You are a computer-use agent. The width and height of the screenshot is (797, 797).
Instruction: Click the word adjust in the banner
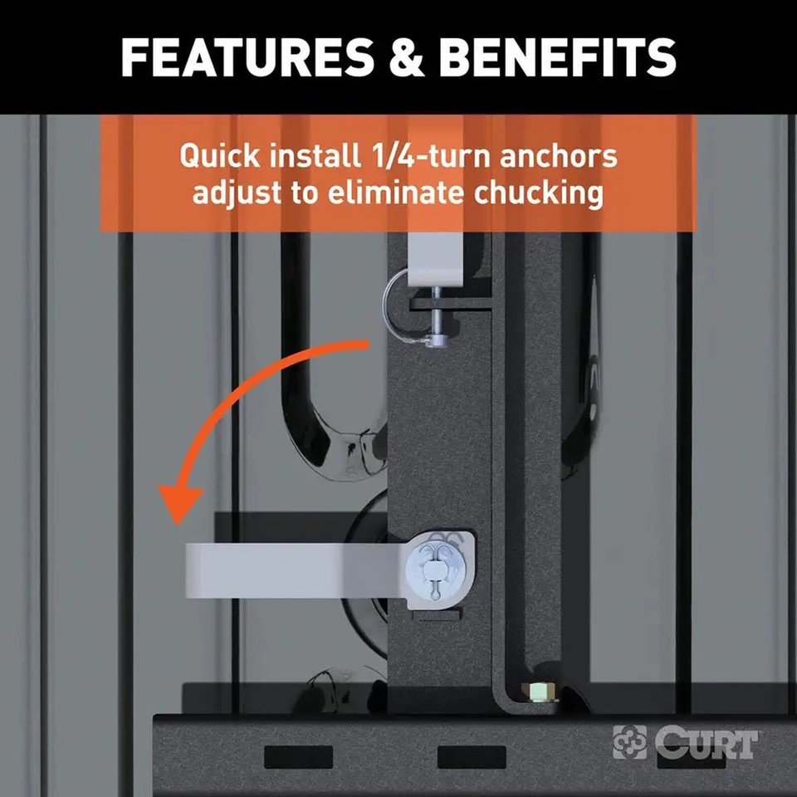235,193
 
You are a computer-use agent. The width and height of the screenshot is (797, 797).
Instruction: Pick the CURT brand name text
705,741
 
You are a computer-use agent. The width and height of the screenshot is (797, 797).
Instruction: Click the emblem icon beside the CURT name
629,741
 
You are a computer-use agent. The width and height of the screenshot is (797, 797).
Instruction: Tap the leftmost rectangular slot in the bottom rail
298,756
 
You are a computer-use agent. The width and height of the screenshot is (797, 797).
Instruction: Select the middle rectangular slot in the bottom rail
471,756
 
